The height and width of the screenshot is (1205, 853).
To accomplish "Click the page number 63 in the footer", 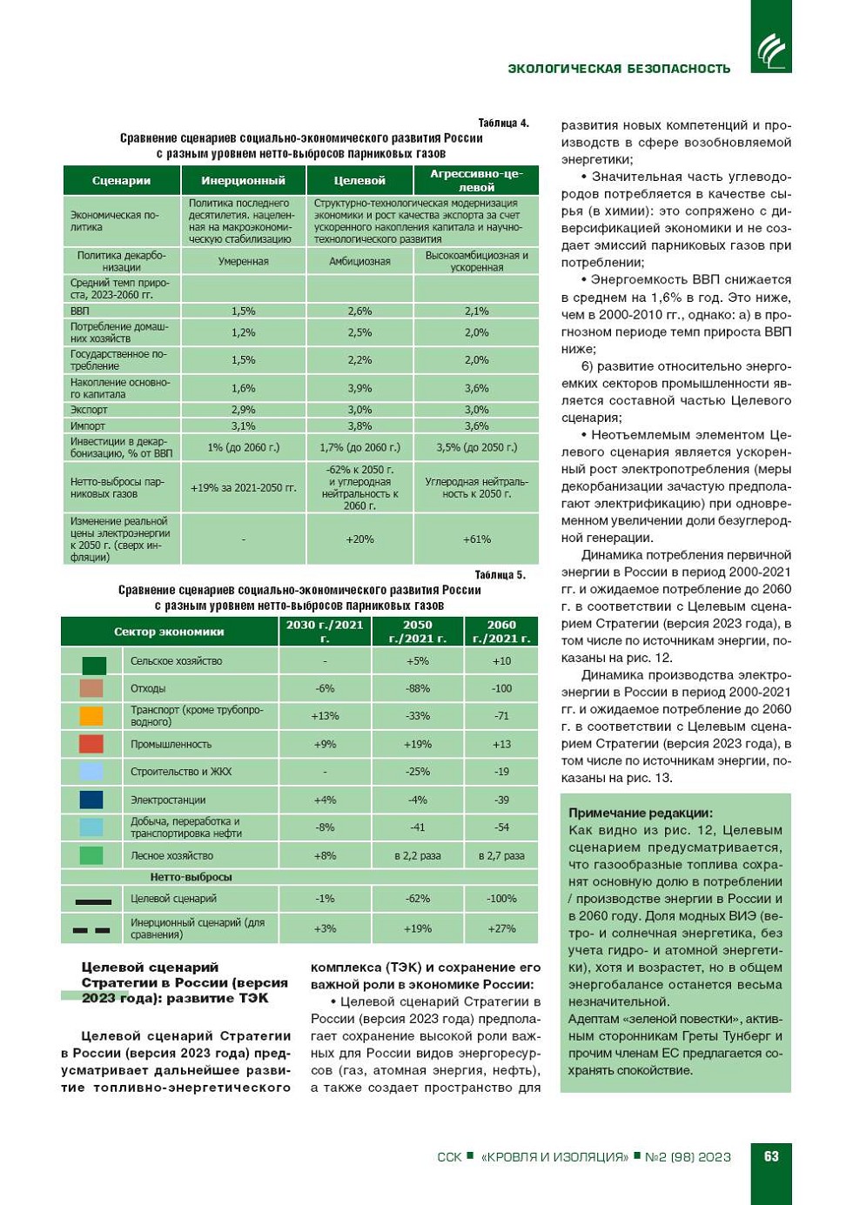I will click(x=771, y=1156).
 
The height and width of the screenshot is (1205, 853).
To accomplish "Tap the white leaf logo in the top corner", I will click(x=771, y=50).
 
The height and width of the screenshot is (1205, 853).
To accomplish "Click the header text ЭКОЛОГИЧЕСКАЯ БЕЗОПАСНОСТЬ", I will click(x=619, y=69).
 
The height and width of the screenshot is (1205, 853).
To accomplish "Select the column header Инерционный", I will click(x=244, y=181).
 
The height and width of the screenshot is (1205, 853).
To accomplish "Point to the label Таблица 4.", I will click(x=503, y=123).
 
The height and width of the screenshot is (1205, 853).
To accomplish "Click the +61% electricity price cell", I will click(x=476, y=539).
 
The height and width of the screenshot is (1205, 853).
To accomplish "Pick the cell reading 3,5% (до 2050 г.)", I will click(x=476, y=447).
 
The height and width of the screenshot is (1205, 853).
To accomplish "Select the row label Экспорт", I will click(x=89, y=410).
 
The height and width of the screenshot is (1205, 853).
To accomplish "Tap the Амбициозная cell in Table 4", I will click(x=359, y=261).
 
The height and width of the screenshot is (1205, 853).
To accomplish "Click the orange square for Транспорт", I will click(x=91, y=716).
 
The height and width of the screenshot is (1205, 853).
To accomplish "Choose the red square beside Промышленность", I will click(x=91, y=744).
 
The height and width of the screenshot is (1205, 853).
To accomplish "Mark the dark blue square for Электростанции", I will click(x=91, y=800).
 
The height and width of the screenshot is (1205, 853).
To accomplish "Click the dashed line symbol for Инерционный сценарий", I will click(x=91, y=930).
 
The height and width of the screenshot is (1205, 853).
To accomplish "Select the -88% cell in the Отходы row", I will click(x=418, y=688).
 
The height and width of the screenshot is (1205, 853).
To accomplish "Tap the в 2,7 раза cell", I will click(x=501, y=855).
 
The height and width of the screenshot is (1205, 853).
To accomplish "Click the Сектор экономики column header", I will click(x=169, y=632).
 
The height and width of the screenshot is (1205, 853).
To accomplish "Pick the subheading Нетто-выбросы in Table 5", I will click(x=191, y=877).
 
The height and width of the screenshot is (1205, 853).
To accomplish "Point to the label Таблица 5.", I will click(x=500, y=574).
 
